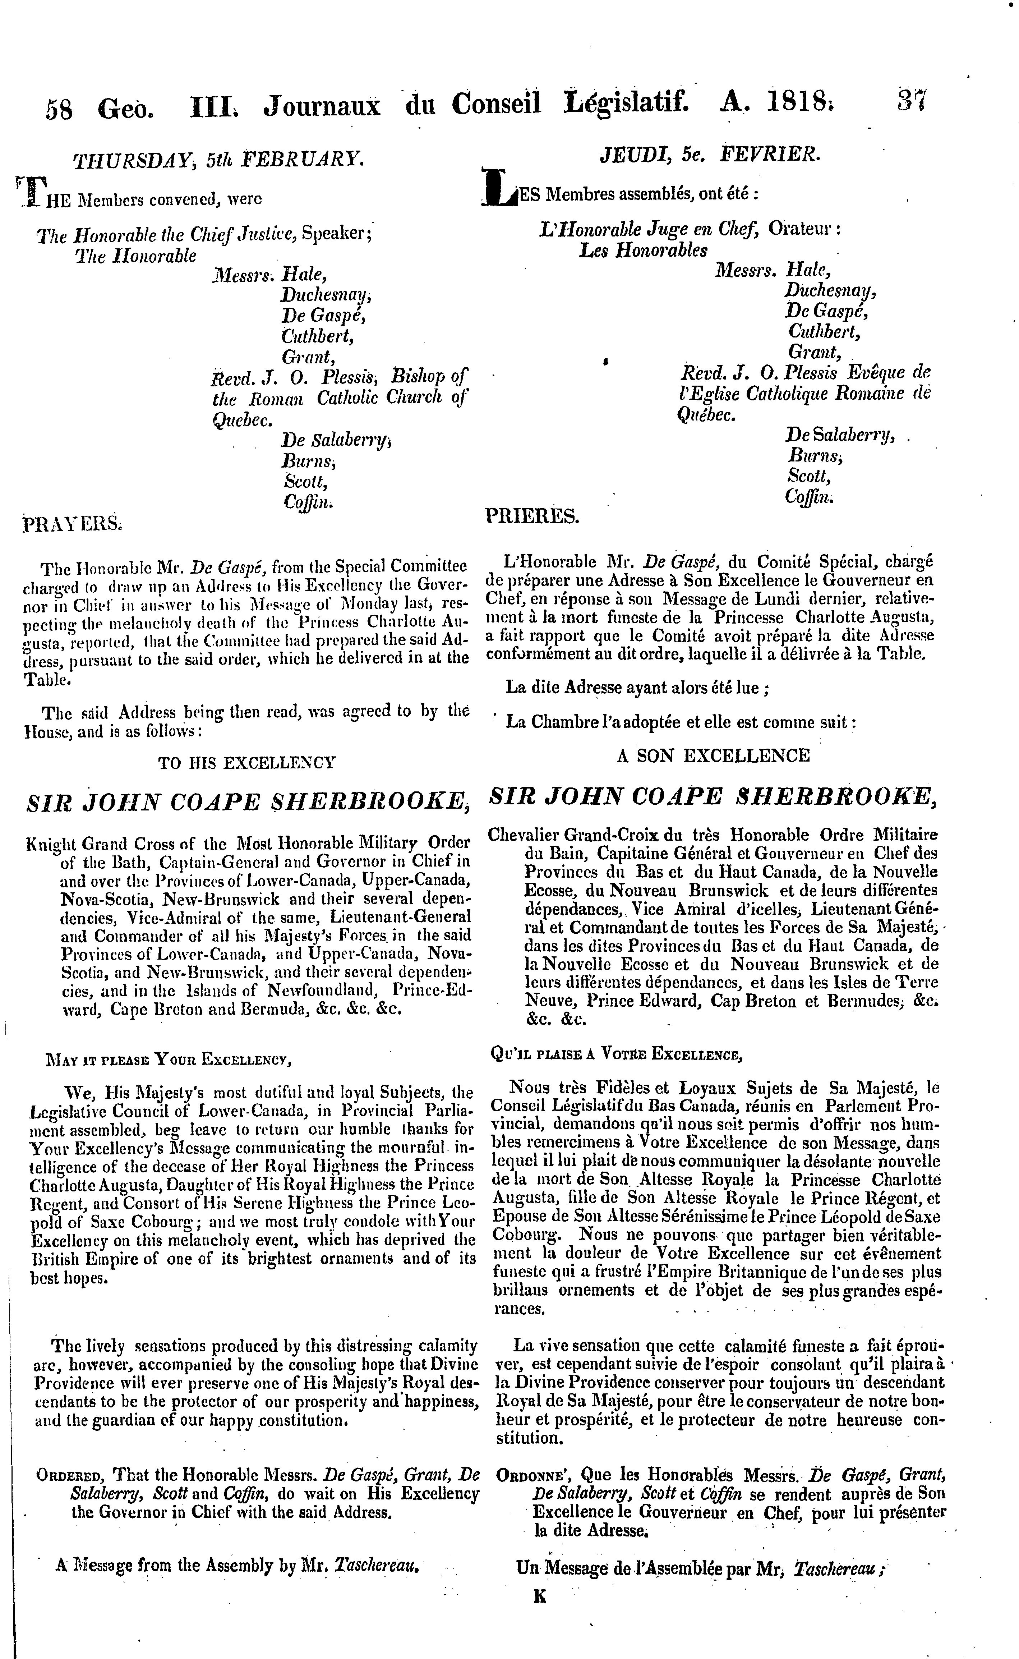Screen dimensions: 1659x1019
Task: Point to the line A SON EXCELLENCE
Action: coord(713,755)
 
